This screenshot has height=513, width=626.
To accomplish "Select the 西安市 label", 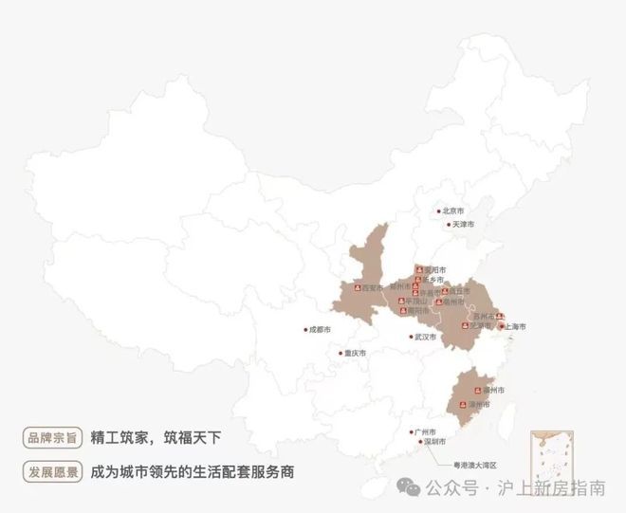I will [x=373, y=287].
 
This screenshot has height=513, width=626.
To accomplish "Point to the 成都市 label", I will [x=320, y=330].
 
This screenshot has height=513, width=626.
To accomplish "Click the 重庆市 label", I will [x=356, y=353].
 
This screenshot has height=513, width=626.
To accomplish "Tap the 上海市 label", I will [x=516, y=326].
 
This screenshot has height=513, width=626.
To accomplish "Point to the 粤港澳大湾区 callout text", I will [x=475, y=464].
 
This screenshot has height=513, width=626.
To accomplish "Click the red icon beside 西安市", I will [x=357, y=287].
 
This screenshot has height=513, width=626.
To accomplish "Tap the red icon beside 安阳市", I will [x=418, y=269].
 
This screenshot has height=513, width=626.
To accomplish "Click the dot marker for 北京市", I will [x=438, y=211].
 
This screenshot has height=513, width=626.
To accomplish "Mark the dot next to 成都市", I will [x=304, y=330].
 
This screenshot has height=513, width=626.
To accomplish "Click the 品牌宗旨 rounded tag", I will [x=51, y=438].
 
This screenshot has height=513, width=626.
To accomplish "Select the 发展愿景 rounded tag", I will [x=51, y=471].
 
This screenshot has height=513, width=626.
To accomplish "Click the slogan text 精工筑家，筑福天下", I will [x=156, y=438].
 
